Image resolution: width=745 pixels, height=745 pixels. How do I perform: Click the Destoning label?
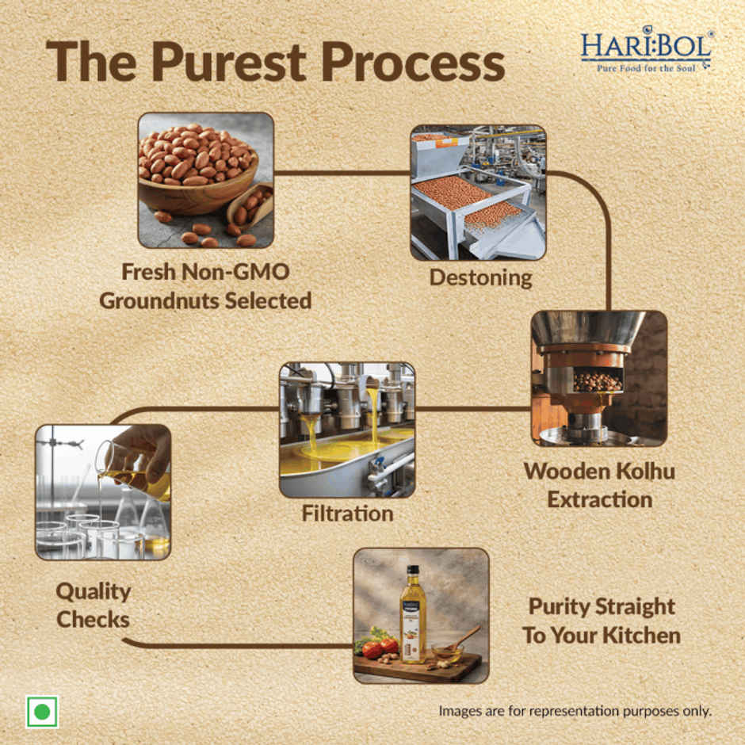pyautogui.click(x=480, y=278)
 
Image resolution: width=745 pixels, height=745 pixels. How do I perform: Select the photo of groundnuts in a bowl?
pyautogui.click(x=205, y=180)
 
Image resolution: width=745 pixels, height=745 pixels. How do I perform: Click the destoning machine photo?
pyautogui.click(x=477, y=192)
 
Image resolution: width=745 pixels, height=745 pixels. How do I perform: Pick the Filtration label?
pyautogui.click(x=347, y=514)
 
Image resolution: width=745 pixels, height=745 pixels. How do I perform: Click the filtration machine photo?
pyautogui.click(x=347, y=430)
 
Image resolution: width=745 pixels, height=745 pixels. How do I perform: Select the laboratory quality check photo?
pyautogui.click(x=103, y=491)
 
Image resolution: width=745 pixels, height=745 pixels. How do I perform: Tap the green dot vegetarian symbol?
pyautogui.click(x=41, y=711)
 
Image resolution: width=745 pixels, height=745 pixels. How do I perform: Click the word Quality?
pyautogui.click(x=93, y=591)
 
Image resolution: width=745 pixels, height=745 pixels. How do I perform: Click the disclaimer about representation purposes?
pyautogui.click(x=575, y=710)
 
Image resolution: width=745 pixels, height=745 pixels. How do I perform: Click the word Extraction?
pyautogui.click(x=599, y=500)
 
